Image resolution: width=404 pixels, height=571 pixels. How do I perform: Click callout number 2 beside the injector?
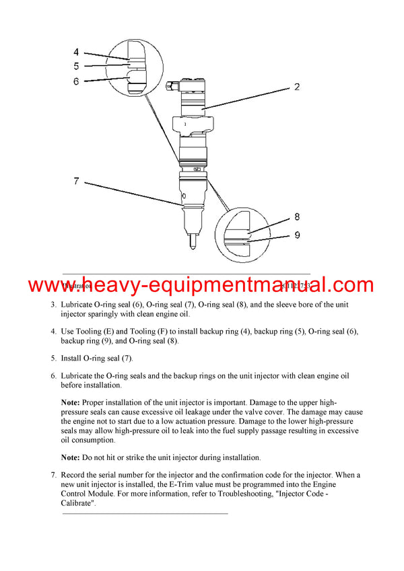point(296,87)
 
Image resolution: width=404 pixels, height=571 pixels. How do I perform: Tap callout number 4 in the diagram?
point(76,52)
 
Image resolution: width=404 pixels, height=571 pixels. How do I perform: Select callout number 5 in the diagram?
point(76,67)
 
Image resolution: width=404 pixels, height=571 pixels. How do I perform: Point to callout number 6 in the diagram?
point(76,81)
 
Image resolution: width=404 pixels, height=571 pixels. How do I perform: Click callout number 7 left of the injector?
point(76,180)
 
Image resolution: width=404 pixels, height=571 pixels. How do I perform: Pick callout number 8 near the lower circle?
point(297,217)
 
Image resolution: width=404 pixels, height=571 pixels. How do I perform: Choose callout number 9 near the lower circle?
point(297,235)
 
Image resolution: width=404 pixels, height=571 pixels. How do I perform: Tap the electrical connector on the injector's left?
point(169,87)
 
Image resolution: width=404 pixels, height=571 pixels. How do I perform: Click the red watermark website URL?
point(201,285)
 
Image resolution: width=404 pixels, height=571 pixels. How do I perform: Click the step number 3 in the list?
point(54,305)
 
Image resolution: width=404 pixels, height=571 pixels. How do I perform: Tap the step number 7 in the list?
point(54,475)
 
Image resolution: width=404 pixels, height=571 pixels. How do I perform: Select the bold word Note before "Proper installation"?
point(73,402)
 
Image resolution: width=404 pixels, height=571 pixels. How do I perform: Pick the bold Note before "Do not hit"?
point(73,457)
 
